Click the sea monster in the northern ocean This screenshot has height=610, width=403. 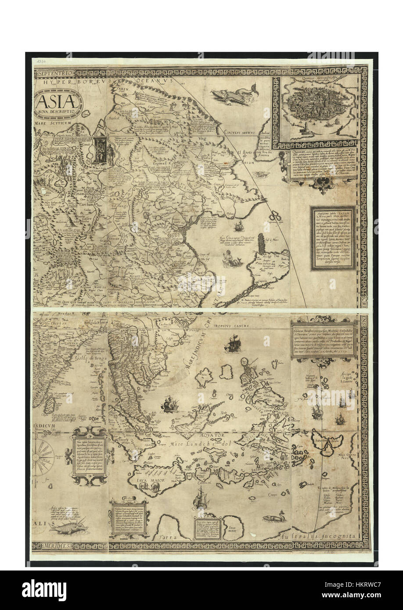click(x=229, y=97)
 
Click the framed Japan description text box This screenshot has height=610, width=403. click(x=332, y=238)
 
